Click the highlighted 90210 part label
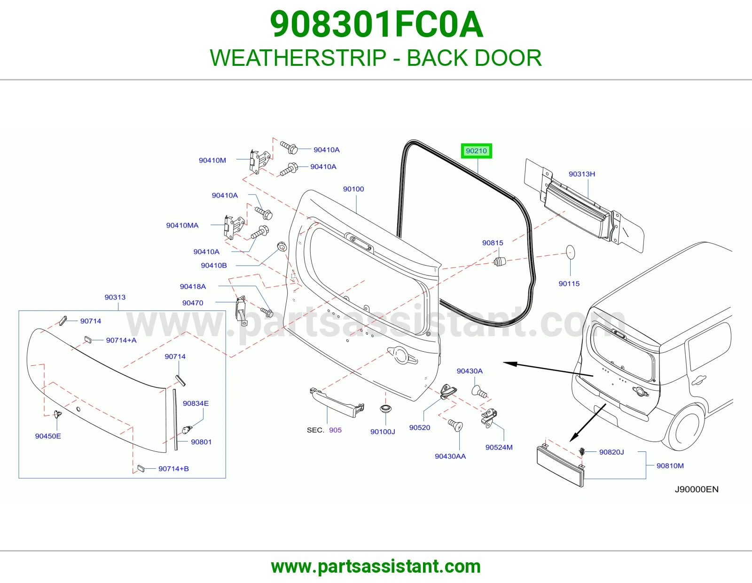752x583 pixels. [x=476, y=151]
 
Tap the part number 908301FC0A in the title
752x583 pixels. [x=376, y=25]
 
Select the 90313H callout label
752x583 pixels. [x=582, y=174]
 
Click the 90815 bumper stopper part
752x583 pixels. [x=499, y=261]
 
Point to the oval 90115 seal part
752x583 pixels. [x=570, y=252]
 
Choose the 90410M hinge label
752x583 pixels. [x=212, y=160]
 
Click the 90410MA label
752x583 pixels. [x=182, y=225]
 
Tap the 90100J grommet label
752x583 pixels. [x=383, y=432]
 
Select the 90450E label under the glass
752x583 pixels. [x=48, y=436]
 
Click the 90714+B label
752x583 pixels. [x=173, y=469]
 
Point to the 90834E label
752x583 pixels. [x=196, y=403]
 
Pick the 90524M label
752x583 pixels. [x=499, y=447]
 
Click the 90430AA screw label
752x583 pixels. [x=450, y=456]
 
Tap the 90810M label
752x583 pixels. [x=670, y=465]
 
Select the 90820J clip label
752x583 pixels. [x=611, y=452]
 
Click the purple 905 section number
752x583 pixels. [x=335, y=430]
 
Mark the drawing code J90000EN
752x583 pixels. [x=697, y=489]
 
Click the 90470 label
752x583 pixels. [x=193, y=303]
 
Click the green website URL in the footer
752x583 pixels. [x=376, y=567]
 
